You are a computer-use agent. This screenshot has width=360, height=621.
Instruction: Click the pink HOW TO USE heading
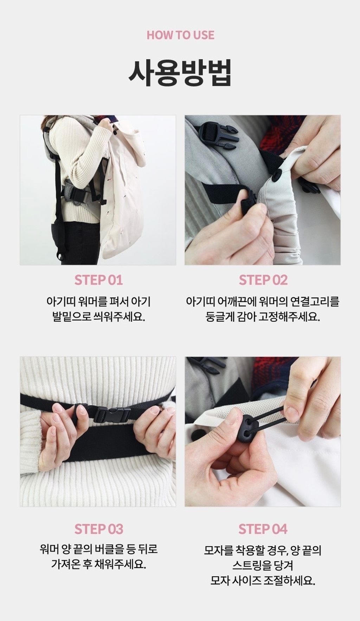(x=180, y=35)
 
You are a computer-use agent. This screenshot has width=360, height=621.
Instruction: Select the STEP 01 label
(x=98, y=280)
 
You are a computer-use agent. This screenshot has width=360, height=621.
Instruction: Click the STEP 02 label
(x=263, y=280)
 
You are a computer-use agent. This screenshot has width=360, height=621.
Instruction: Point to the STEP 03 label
(x=99, y=529)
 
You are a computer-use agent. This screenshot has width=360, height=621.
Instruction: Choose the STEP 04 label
(x=263, y=529)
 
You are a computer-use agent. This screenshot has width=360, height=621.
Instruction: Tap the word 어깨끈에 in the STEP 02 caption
(x=236, y=302)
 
